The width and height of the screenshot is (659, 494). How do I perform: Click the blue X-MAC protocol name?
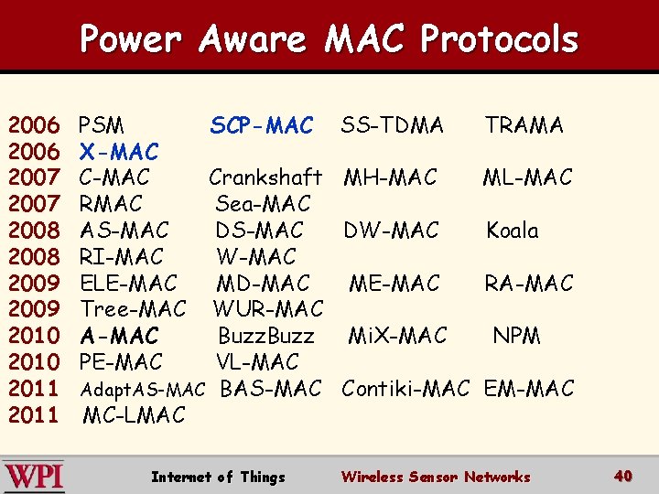[x=119, y=151]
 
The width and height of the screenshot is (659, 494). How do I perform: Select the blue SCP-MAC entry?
[x=262, y=125]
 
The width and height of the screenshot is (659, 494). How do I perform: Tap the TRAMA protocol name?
[x=524, y=125]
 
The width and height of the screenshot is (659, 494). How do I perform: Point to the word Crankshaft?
[x=265, y=177]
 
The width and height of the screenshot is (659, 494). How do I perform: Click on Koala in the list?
[x=512, y=230]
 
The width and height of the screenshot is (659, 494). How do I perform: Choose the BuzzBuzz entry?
[x=265, y=336]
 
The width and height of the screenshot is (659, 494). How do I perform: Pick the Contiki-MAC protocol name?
[x=405, y=389]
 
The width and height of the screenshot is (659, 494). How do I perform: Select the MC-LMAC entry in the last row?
[x=134, y=415]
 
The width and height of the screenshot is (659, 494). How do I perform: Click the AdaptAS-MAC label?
[x=142, y=390]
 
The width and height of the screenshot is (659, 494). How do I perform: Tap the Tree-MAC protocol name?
[x=134, y=309]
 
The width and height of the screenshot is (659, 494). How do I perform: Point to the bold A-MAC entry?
[x=119, y=336]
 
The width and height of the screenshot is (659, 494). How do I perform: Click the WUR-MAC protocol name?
[x=268, y=309]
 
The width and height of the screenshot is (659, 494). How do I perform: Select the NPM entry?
[x=516, y=336]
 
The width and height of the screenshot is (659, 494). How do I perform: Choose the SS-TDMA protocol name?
[x=392, y=125]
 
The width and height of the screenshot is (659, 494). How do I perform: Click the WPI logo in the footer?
[x=34, y=477]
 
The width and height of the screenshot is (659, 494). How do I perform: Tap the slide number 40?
[x=623, y=476]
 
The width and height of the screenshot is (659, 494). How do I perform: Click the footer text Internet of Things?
[x=218, y=477]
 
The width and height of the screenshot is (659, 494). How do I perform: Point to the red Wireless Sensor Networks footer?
[x=435, y=477]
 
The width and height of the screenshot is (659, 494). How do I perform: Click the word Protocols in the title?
[x=499, y=39]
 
